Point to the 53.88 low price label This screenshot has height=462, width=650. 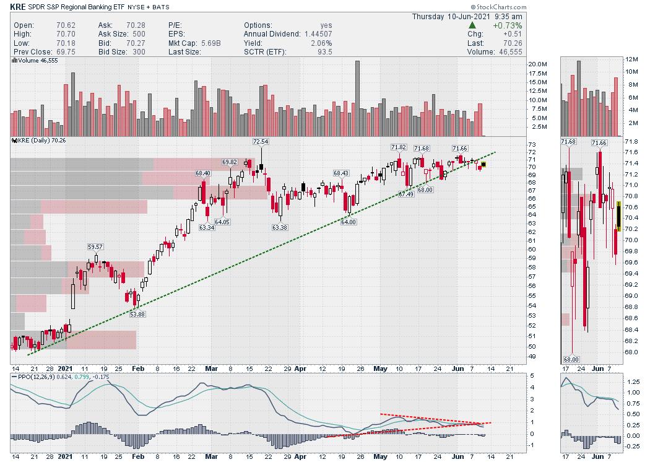137,314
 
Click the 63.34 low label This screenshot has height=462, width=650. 207,227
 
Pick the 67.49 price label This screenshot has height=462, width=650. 406,194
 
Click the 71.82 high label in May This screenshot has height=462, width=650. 399,147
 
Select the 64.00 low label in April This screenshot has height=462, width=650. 349,222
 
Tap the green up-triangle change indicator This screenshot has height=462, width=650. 472,25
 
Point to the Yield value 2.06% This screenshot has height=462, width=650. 321,43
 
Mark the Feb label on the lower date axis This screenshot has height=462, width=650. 138,456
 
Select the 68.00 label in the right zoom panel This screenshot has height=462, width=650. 571,359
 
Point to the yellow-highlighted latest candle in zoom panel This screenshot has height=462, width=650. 618,216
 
